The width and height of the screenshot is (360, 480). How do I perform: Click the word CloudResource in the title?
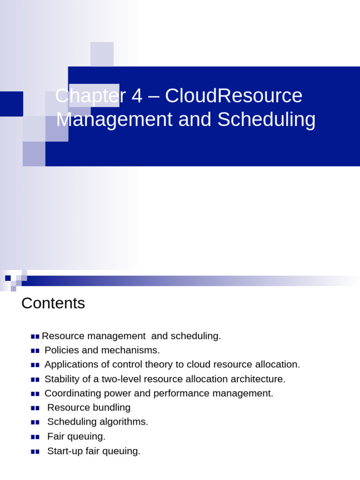(233, 96)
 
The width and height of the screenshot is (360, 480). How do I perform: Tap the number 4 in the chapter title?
(136, 96)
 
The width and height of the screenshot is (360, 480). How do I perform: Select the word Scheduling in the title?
(266, 120)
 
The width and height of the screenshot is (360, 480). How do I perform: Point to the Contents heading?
(53, 303)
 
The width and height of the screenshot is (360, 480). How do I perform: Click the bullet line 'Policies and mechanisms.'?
(102, 350)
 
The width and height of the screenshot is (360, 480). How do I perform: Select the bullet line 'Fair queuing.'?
(76, 436)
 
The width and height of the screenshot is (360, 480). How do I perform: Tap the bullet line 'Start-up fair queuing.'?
(94, 451)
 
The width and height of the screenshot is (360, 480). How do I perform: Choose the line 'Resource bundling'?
(89, 407)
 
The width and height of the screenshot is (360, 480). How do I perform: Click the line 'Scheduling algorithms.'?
(97, 422)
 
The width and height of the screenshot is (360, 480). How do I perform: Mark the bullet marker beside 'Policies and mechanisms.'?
(35, 351)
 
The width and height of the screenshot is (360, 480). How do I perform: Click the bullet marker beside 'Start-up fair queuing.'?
(35, 451)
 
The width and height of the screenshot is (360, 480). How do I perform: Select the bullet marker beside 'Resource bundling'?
(35, 408)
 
